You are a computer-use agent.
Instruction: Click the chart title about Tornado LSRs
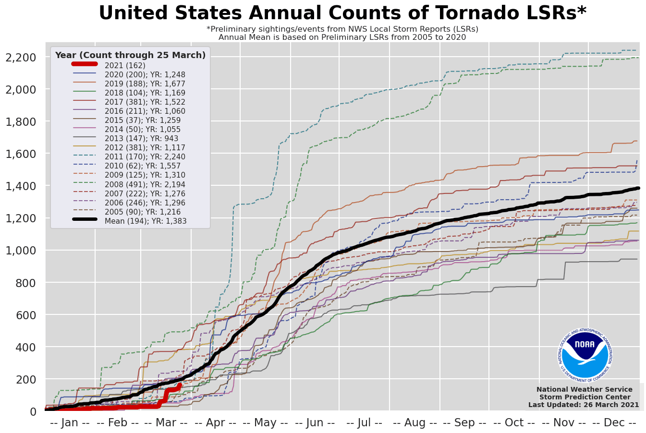[342, 13]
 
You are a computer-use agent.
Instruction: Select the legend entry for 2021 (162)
[125, 65]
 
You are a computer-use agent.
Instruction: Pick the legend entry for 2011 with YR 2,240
[145, 157]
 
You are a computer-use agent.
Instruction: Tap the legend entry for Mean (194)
[146, 221]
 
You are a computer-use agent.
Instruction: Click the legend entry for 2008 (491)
[145, 185]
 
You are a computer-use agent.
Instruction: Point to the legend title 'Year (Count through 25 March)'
[130, 55]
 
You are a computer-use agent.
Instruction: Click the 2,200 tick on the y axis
[20, 58]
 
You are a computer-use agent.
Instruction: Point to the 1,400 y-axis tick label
[20, 186]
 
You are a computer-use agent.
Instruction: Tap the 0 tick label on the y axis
[33, 411]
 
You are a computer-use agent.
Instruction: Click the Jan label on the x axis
[70, 423]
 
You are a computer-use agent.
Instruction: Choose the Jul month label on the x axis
[364, 423]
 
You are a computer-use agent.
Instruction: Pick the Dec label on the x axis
[614, 423]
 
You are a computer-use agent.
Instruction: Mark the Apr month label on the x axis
[216, 423]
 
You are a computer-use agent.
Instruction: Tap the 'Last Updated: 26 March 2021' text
[584, 405]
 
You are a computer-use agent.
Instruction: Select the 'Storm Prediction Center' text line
[585, 397]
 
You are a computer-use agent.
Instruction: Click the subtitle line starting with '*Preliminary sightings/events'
[342, 29]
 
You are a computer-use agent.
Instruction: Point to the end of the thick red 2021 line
[180, 385]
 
